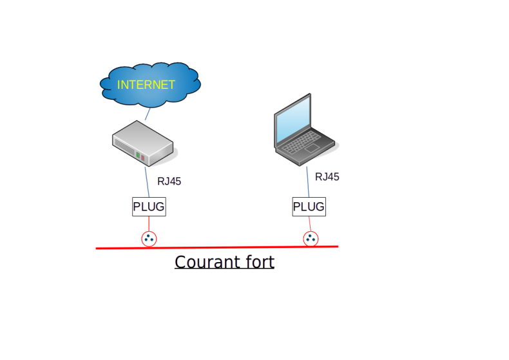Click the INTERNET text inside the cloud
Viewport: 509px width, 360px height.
146,84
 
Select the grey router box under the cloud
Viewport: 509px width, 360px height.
143,143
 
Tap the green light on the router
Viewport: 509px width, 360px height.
138,155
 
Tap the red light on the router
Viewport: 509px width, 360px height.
143,158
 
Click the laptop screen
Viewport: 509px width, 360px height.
293,119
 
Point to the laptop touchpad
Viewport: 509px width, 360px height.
312,148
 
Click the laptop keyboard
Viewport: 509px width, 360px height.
302,142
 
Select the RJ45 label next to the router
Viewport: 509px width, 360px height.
169,182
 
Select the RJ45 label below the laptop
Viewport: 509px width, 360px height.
327,176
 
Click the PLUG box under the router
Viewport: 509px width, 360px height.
149,207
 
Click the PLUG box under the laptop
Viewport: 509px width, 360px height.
309,207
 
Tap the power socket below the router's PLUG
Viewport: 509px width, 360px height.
149,239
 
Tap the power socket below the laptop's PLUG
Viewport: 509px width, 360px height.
311,239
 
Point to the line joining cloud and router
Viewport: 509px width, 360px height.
148,114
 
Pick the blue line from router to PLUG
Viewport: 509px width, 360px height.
147,182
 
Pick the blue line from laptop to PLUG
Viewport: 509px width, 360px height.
308,182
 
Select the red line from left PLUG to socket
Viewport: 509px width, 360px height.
149,223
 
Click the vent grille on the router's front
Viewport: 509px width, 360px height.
125,147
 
